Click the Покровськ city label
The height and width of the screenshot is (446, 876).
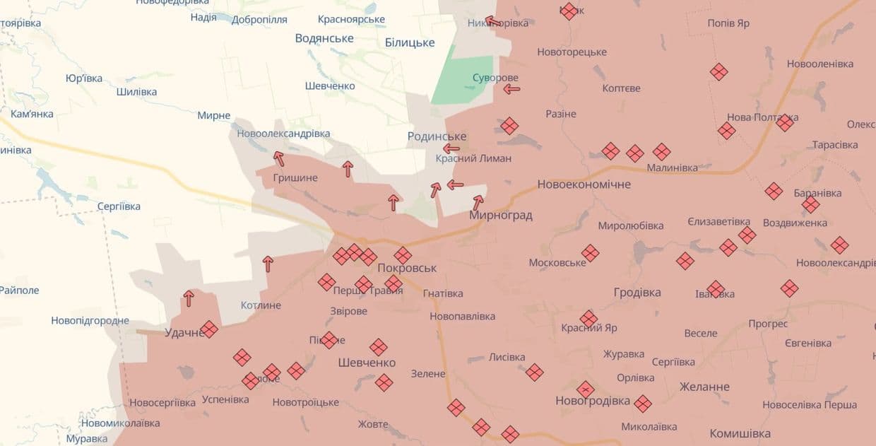click(x=407, y=269)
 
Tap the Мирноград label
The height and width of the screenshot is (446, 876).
click(x=500, y=215)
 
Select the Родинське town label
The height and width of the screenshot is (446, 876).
click(x=437, y=136)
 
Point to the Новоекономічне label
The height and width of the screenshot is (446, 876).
click(x=584, y=184)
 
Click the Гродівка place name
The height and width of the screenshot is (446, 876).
click(x=637, y=293)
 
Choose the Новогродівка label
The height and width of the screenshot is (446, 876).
click(x=593, y=401)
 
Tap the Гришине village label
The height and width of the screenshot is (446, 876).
click(x=296, y=177)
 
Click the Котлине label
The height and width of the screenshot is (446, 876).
click(x=261, y=305)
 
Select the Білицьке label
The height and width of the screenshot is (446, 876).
click(x=410, y=42)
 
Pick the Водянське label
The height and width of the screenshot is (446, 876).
click(x=324, y=38)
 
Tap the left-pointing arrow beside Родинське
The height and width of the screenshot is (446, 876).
click(x=451, y=148)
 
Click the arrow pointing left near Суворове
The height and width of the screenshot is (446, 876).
click(x=511, y=89)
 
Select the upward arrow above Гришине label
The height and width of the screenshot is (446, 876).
click(x=278, y=158)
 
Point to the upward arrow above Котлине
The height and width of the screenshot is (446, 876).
click(x=268, y=264)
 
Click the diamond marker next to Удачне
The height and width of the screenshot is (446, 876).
click(x=209, y=329)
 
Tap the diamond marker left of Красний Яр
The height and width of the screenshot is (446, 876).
click(x=588, y=319)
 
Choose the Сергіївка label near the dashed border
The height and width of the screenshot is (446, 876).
click(x=119, y=206)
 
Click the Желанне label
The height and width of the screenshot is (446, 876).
click(x=704, y=387)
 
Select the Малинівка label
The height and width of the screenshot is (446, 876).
click(x=672, y=168)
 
